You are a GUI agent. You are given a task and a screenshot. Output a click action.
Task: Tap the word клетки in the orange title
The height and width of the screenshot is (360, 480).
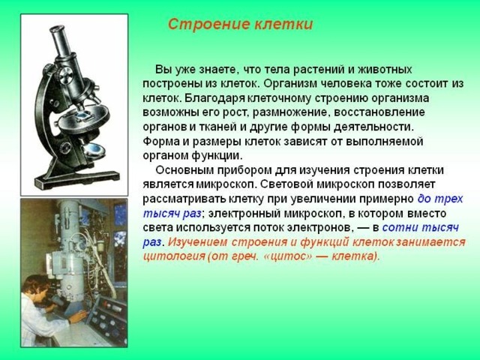pos(283,25)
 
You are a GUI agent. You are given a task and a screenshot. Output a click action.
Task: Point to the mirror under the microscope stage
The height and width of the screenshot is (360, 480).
pos(94,150)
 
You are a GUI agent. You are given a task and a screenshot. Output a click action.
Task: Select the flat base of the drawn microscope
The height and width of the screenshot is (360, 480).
pos(76,179)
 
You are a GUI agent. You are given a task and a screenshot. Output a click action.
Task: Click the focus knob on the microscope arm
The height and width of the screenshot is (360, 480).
pos(66,76)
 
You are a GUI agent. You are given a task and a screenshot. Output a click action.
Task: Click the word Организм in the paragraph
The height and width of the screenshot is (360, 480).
pos(289,84)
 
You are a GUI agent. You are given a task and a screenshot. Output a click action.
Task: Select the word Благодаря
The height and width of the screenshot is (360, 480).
pos(215,98)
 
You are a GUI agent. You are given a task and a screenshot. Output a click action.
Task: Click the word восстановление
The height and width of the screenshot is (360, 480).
pos(379,112)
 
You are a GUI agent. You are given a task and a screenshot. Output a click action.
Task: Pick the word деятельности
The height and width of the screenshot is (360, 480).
pos(373,127)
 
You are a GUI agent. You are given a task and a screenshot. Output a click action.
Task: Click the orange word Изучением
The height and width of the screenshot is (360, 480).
pos(198,242)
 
